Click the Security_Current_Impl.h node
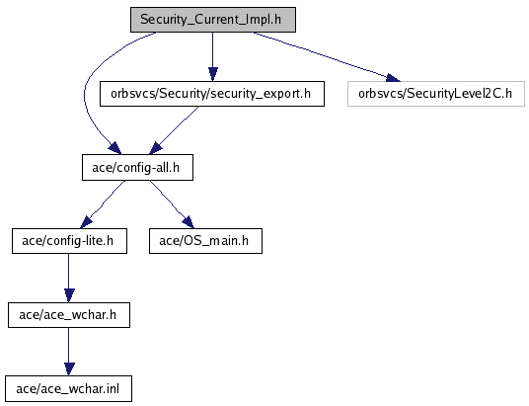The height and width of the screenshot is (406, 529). tap(213, 20)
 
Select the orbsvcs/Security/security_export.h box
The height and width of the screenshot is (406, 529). tap(212, 94)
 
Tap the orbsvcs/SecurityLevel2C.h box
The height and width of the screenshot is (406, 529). tap(436, 94)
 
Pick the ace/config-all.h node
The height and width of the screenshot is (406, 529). tap(137, 168)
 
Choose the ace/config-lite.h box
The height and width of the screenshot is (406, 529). tap(69, 241)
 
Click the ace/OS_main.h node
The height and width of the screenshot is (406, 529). tap(205, 241)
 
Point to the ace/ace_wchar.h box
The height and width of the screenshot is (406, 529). tap(69, 315)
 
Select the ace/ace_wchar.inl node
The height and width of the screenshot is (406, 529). tap(68, 389)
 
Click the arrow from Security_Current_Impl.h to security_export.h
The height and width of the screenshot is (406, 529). tap(212, 56)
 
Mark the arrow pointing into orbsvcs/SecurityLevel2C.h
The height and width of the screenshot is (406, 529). tap(327, 56)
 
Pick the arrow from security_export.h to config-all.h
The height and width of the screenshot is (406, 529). tap(174, 130)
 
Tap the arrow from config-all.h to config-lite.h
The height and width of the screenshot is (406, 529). tap(102, 205)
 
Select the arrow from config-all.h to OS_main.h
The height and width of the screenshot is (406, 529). tap(172, 204)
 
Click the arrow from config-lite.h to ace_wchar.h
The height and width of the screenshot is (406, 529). tap(69, 278)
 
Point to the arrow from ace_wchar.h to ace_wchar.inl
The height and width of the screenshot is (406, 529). tap(69, 352)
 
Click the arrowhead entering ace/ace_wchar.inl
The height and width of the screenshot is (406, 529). tap(69, 369)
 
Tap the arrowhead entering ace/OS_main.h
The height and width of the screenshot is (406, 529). tap(189, 222)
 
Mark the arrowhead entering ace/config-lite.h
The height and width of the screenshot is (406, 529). tap(86, 222)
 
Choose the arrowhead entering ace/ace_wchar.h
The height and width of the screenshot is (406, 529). tap(69, 295)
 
